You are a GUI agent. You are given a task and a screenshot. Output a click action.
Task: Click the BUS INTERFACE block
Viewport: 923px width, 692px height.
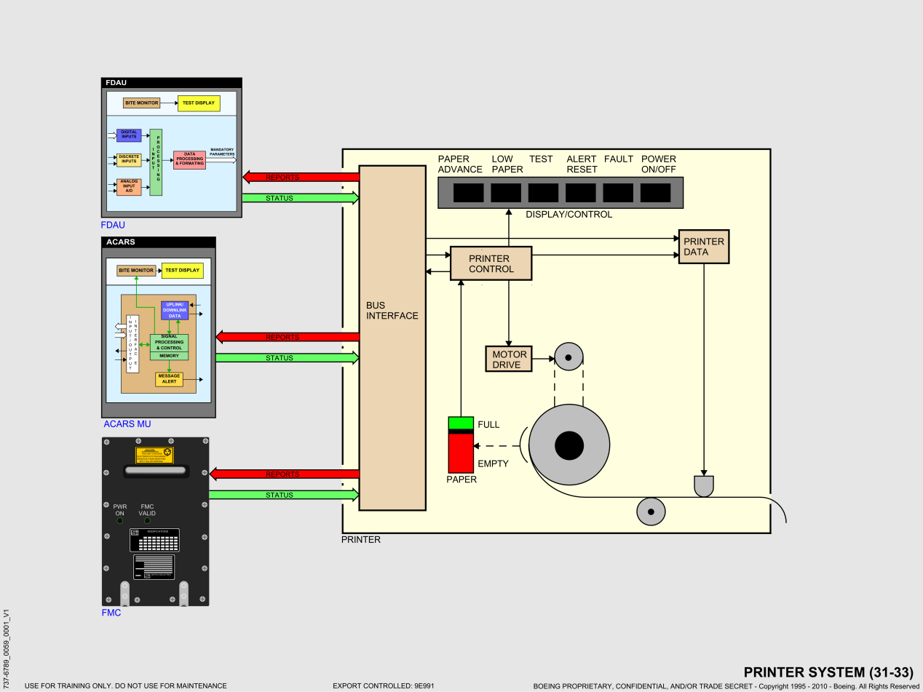(x=392, y=338)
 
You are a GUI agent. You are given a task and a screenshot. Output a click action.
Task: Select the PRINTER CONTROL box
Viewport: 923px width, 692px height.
(x=491, y=263)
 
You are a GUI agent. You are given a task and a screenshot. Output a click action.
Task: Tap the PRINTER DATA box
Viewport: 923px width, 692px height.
(x=704, y=247)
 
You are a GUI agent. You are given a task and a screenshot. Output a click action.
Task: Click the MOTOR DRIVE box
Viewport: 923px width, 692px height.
(x=509, y=359)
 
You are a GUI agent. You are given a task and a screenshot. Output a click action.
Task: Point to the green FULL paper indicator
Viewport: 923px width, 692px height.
(x=461, y=423)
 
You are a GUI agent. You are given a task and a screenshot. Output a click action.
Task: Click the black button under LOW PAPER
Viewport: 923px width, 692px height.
(x=506, y=193)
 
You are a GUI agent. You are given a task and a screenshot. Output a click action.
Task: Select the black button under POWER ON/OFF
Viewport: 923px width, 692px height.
(x=655, y=193)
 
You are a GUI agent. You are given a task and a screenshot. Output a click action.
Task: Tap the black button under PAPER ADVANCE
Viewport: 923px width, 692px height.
(x=468, y=193)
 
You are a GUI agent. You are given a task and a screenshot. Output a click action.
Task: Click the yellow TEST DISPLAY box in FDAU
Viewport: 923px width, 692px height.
(x=199, y=103)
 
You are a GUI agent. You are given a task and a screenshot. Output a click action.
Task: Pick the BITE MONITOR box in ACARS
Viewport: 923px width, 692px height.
(x=136, y=271)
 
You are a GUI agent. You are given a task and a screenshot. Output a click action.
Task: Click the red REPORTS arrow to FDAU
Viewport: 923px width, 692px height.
(x=301, y=177)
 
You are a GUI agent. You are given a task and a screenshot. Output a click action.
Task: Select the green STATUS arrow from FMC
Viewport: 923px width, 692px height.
(x=284, y=496)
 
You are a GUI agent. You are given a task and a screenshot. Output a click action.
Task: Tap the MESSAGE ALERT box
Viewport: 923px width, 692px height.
(x=169, y=379)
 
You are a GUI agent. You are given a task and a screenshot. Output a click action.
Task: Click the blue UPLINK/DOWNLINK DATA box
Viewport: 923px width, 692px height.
(x=175, y=310)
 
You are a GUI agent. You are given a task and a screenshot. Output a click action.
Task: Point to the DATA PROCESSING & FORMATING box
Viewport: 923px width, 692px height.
(x=189, y=160)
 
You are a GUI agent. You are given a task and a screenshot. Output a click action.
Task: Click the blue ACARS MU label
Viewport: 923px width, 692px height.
(x=127, y=424)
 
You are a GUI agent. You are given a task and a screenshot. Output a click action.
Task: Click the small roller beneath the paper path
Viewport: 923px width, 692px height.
(x=651, y=512)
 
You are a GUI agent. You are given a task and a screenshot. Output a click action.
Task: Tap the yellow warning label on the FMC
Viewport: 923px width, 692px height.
(x=155, y=455)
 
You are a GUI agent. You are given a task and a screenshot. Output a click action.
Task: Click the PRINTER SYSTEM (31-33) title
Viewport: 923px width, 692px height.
(x=828, y=672)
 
